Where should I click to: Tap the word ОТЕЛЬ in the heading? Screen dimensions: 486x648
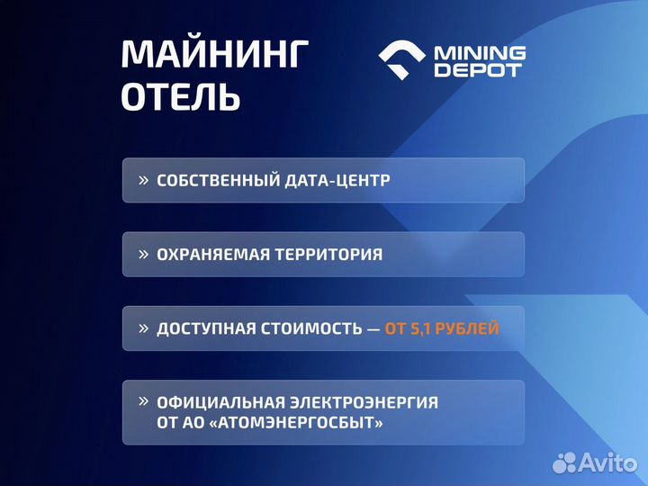pos(181,97)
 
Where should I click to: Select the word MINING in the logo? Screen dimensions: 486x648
pos(480,52)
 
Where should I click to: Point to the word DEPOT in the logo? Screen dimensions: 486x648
pos(478,70)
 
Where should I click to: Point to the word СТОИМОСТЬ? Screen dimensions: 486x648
pos(312,329)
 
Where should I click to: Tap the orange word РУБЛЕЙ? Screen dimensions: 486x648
pos(472,329)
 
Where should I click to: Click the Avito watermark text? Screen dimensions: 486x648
pos(609,463)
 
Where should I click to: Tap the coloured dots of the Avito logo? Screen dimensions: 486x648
pos(564,463)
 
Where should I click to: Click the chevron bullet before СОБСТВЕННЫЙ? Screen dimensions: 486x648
pos(143,180)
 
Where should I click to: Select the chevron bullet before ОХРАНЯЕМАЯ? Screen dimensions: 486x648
pos(143,254)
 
